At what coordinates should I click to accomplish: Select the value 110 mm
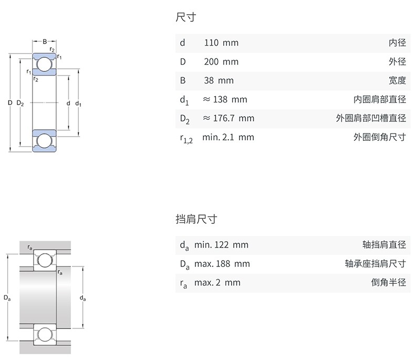(x=221, y=43)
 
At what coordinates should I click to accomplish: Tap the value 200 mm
(x=221, y=62)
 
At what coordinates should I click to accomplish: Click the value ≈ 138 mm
(x=224, y=99)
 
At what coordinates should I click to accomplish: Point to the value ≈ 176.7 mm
(x=228, y=118)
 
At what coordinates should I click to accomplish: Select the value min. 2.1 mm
(x=228, y=137)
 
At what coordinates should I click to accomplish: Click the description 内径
(x=397, y=43)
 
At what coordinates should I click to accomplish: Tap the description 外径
(x=397, y=62)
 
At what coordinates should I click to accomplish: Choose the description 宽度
(x=397, y=81)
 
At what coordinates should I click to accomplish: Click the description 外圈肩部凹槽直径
(x=371, y=118)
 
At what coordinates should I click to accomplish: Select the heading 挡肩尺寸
(x=196, y=220)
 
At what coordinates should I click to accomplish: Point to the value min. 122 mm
(x=221, y=245)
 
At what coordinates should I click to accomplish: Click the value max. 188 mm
(x=222, y=264)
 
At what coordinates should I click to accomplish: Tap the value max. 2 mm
(x=217, y=283)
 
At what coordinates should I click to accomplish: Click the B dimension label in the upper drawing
(x=45, y=41)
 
